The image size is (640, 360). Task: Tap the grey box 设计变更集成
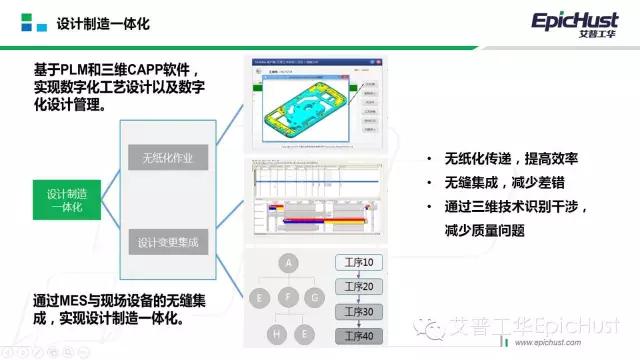tap(167, 241)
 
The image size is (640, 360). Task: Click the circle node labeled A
tap(289, 263)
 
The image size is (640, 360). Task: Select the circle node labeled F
tap(289, 296)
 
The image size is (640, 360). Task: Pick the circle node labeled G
tap(316, 296)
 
